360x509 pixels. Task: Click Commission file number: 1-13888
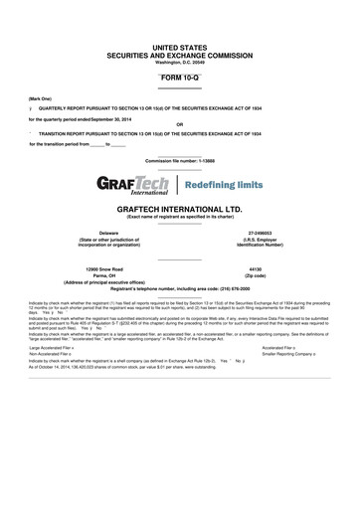pos(180,159)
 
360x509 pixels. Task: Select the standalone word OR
pos(180,124)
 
